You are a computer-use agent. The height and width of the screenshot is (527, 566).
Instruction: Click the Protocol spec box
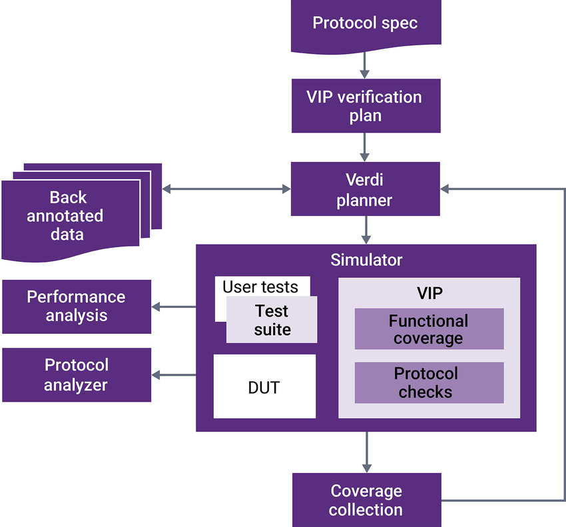[x=366, y=24]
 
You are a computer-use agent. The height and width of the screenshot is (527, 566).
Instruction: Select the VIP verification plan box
[x=366, y=106]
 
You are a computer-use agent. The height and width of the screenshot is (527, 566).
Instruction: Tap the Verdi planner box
[x=366, y=191]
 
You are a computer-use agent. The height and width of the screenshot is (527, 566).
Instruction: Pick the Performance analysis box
[x=76, y=306]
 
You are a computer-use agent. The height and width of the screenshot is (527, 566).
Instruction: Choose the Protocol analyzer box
[x=76, y=374]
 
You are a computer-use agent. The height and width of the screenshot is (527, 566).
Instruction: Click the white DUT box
[x=264, y=386]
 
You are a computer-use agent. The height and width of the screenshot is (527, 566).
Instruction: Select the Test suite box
[x=272, y=320]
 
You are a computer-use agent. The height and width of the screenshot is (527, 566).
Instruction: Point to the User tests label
[x=260, y=286]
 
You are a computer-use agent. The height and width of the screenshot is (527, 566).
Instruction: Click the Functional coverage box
[x=429, y=329]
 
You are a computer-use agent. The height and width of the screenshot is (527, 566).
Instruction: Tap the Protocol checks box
[x=429, y=382]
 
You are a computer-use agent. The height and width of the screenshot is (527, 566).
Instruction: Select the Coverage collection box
[x=366, y=500]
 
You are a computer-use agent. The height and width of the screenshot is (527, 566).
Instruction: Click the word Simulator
[x=366, y=259]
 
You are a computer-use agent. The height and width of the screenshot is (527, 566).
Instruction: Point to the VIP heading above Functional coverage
[x=428, y=292]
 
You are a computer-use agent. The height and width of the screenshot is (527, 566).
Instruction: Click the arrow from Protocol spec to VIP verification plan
[x=366, y=64]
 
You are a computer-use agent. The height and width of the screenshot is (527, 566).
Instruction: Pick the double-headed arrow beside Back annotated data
[x=227, y=190]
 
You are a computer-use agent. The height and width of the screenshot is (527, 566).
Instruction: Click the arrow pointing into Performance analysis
[x=174, y=306]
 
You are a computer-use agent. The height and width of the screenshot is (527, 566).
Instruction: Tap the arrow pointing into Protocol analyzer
[x=174, y=375]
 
